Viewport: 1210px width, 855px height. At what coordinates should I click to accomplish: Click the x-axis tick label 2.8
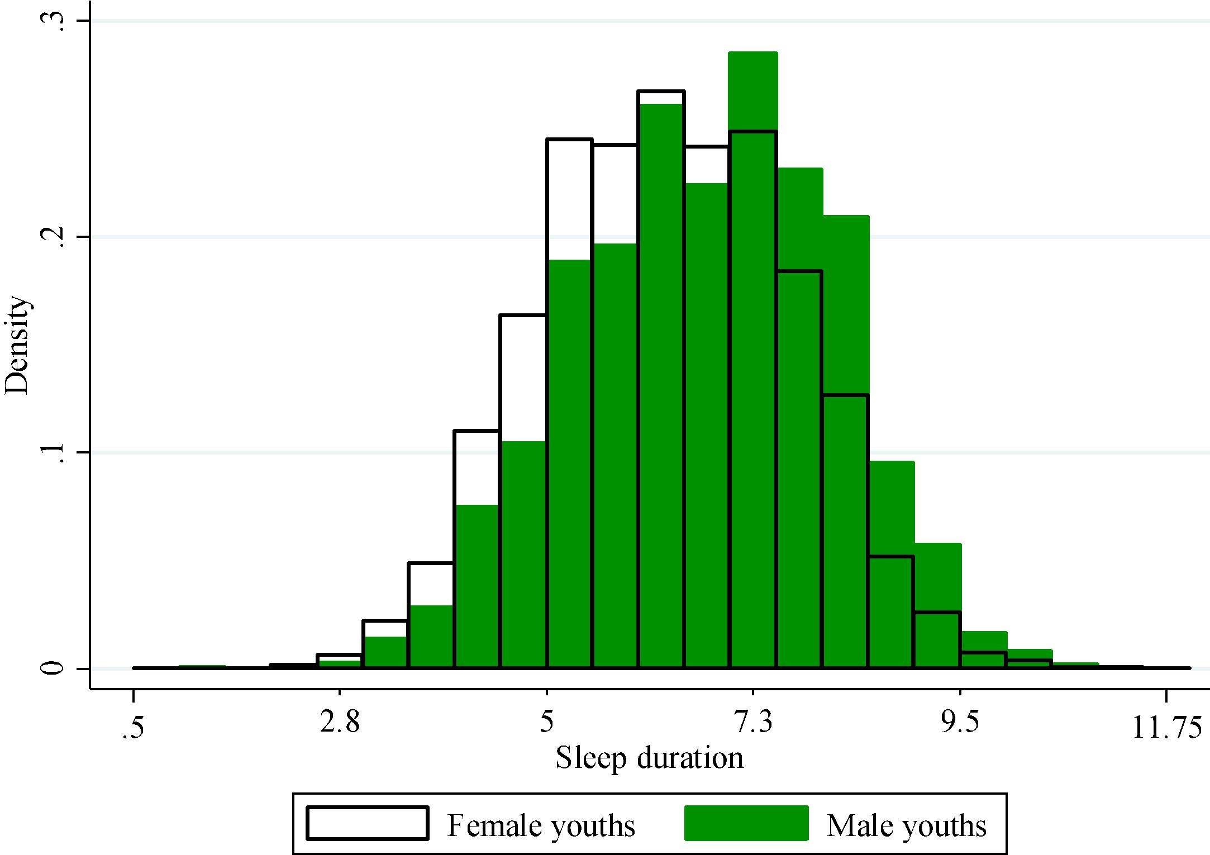(340, 724)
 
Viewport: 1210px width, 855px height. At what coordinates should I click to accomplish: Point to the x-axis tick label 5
(547, 724)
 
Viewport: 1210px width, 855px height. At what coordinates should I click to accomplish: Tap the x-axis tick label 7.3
(753, 724)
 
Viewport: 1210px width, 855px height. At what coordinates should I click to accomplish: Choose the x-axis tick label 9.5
(960, 724)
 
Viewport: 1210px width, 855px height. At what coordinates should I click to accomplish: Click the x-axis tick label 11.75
(1166, 728)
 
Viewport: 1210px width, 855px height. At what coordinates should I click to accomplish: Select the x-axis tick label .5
(133, 728)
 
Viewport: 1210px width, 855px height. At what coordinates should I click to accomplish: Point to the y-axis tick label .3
(53, 21)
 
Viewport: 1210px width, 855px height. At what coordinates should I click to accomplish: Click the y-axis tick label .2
(53, 237)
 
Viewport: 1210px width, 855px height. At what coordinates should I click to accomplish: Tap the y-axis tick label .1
(53, 452)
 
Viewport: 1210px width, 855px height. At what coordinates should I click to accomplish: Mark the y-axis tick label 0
(53, 667)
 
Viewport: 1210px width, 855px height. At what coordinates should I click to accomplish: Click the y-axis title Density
(17, 345)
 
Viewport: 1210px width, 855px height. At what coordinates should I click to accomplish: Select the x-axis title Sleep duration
(649, 758)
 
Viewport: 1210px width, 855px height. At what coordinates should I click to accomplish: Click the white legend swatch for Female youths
(368, 823)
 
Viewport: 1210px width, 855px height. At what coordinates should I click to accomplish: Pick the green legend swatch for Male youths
(746, 823)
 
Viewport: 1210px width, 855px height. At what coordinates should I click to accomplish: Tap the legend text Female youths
(541, 825)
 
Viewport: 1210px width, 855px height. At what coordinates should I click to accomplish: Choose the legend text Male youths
(906, 825)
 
